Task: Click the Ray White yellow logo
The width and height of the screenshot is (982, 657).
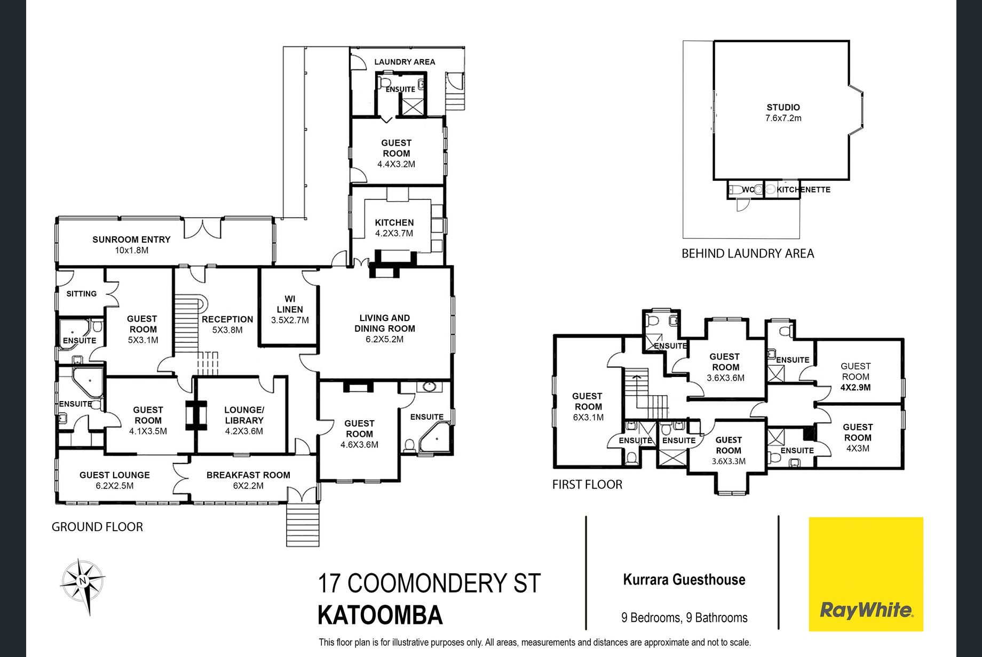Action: tap(866, 574)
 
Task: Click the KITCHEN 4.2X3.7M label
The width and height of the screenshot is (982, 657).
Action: tap(394, 228)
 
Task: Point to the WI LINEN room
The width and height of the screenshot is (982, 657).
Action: tap(290, 309)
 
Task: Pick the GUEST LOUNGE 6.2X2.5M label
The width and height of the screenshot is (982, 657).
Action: tap(115, 480)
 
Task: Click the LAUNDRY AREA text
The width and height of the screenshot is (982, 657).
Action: tap(405, 62)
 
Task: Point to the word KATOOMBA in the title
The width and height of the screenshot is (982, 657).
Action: tap(380, 615)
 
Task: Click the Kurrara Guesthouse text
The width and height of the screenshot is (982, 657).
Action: tap(684, 580)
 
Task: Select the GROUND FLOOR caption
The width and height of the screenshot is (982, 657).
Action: tap(97, 527)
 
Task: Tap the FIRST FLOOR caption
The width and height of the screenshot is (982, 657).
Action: tap(587, 484)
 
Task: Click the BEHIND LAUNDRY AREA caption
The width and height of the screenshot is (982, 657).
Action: tap(748, 253)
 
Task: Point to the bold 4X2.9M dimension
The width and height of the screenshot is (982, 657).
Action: tap(856, 388)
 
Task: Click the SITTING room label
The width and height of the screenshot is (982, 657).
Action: tap(82, 294)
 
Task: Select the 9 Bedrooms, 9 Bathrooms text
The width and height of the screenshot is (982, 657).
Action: tap(684, 618)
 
